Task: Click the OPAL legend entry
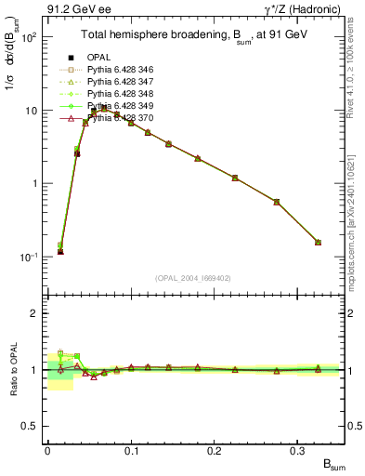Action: pos(98,56)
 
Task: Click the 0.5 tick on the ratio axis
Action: pos(31,426)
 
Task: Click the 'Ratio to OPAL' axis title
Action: pos(12,369)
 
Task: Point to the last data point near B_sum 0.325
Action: pos(318,243)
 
